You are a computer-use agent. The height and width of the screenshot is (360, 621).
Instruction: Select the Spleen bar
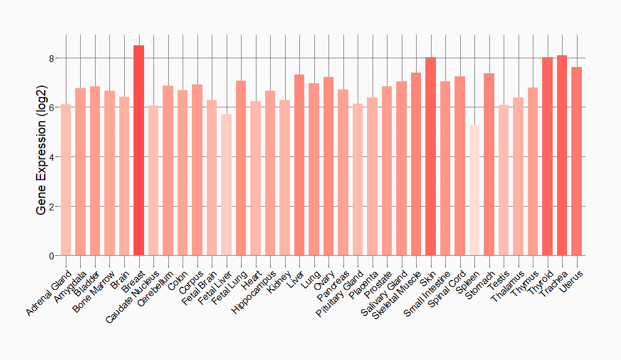(x=474, y=190)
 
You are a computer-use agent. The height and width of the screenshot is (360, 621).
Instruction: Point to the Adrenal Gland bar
(x=66, y=180)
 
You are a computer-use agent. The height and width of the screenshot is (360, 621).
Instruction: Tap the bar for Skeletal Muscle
(x=416, y=164)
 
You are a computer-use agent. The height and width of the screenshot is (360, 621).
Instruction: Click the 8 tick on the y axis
(x=52, y=58)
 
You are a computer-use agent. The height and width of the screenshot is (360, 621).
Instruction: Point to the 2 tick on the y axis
(x=52, y=206)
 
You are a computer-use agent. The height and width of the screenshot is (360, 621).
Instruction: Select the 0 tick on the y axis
(x=52, y=256)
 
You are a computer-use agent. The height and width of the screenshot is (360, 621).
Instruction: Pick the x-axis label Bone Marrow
(x=93, y=289)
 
